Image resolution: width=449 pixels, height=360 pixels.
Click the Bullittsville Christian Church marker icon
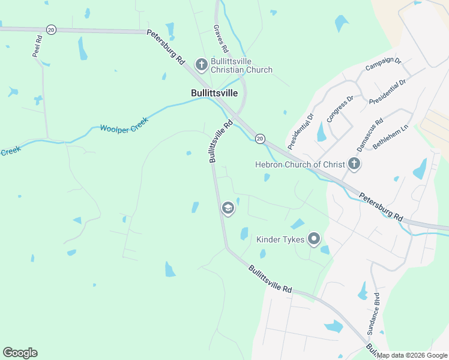pos(201,64)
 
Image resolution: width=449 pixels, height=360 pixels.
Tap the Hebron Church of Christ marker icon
pos(354,164)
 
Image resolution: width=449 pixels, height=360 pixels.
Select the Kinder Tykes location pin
pos(313,239)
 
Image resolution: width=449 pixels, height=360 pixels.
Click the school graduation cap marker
pos(228,209)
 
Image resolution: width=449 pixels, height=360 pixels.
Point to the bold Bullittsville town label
pos(214,93)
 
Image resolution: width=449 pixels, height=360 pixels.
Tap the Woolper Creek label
pos(124,123)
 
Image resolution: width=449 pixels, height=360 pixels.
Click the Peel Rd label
pos(37,47)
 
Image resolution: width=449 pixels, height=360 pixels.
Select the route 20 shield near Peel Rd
pos(51,30)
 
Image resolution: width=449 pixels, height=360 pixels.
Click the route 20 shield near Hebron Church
pos(259,139)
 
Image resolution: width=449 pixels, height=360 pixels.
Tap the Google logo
pos(20,353)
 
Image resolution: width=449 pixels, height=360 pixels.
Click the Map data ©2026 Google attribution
pos(412,355)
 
